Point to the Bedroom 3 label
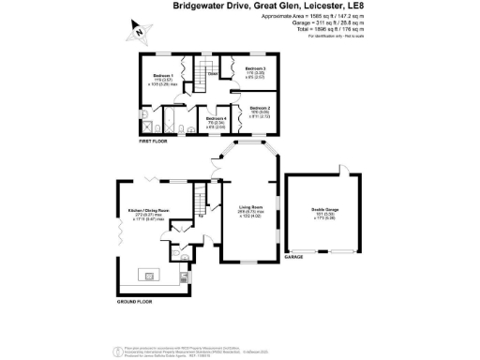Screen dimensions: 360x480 256,69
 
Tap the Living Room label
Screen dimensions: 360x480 250,207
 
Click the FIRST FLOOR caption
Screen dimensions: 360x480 157,142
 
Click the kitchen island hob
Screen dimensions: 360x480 150,275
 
